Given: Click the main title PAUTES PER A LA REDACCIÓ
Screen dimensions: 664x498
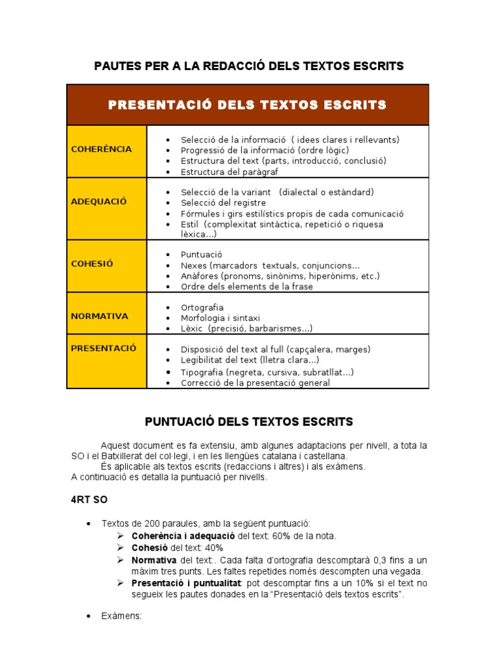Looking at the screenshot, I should click(249, 66).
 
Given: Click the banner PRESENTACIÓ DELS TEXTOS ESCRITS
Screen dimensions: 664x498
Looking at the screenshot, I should click(248, 105).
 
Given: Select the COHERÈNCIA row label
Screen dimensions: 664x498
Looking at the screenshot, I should click(101, 149).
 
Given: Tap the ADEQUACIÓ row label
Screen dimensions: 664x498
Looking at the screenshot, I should click(99, 202).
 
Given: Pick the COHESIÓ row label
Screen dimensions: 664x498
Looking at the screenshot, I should click(92, 264).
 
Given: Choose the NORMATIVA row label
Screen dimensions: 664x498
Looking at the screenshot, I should click(99, 316).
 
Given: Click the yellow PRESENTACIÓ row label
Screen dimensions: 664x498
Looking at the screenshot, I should click(104, 348).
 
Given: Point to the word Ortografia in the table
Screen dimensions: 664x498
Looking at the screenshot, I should click(202, 307).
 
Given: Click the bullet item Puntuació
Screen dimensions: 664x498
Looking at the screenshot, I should click(202, 255).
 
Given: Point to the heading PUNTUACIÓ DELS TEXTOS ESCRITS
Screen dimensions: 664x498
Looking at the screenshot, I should click(248, 422).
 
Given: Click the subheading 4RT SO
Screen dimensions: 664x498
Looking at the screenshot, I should click(89, 500).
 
